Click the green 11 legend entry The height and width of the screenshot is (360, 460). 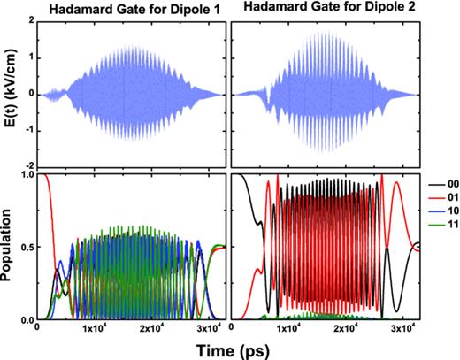(x=442, y=236)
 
